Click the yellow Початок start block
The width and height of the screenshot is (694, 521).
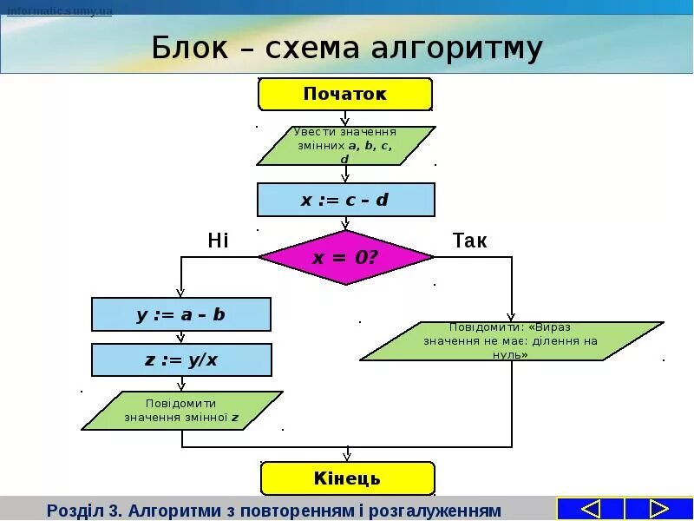click(x=345, y=94)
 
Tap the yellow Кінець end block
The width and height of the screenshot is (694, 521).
click(x=347, y=478)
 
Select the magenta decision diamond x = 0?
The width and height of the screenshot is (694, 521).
click(x=345, y=257)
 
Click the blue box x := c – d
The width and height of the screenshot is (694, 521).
click(x=345, y=200)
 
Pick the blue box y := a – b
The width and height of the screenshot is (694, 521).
click(x=180, y=314)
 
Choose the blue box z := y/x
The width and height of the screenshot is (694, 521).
click(x=180, y=359)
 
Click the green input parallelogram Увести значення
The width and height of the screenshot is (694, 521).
click(x=345, y=145)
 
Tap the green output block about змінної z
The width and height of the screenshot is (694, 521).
click(x=181, y=411)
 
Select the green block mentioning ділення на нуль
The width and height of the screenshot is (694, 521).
click(x=512, y=341)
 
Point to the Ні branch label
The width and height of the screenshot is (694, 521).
click(x=218, y=241)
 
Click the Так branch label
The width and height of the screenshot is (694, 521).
click(x=470, y=241)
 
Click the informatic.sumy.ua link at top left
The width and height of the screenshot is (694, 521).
click(x=60, y=11)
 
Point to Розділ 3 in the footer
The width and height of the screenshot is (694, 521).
click(x=84, y=509)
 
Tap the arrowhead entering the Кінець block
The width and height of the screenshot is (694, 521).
click(x=347, y=456)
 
